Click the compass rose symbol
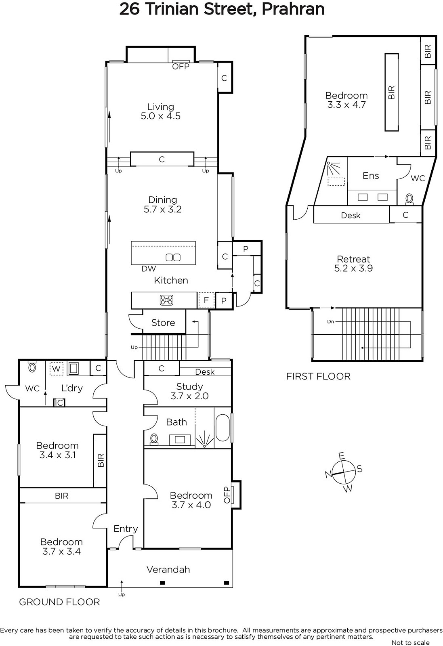(344, 472)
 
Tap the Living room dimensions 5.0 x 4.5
(161, 116)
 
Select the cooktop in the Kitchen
(166, 300)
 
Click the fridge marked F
(206, 300)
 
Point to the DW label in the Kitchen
(149, 269)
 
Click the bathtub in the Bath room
(223, 428)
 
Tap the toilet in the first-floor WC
(409, 199)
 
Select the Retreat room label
(353, 259)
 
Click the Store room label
(163, 323)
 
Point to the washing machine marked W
(56, 369)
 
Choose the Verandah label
(168, 569)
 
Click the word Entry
(126, 529)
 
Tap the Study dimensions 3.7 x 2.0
(189, 396)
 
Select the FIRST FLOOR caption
(318, 376)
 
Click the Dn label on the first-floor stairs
(330, 321)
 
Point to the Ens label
(371, 176)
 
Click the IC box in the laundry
(59, 403)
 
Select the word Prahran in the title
(293, 9)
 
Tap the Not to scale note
(410, 642)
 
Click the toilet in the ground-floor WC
(32, 367)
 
